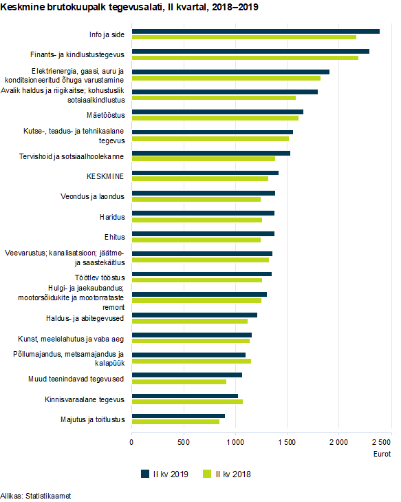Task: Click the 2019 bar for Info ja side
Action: pyautogui.click(x=256, y=31)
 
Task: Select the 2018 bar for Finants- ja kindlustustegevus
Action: pyautogui.click(x=246, y=58)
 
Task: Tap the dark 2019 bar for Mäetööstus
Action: pyautogui.click(x=218, y=112)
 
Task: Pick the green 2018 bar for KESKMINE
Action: pyautogui.click(x=200, y=178)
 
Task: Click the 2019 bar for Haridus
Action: pyautogui.click(x=204, y=213)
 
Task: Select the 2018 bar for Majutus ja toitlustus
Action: pyautogui.click(x=176, y=421)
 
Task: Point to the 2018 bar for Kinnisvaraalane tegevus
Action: pyautogui.click(x=187, y=401)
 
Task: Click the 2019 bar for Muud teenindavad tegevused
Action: pyautogui.click(x=187, y=375)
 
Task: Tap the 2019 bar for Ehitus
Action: pyautogui.click(x=204, y=233)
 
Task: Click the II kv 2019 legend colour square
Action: pyautogui.click(x=145, y=474)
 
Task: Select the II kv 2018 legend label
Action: pyautogui.click(x=233, y=474)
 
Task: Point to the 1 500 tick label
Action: pyautogui.click(x=287, y=443)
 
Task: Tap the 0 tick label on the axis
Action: pyautogui.click(x=131, y=443)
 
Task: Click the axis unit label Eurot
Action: pyautogui.click(x=382, y=454)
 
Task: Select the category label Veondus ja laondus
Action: pyautogui.click(x=92, y=196)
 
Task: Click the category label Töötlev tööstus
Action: pyautogui.click(x=100, y=278)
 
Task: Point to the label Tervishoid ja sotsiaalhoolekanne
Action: pyautogui.click(x=72, y=156)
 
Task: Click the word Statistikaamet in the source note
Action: pyautogui.click(x=48, y=496)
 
